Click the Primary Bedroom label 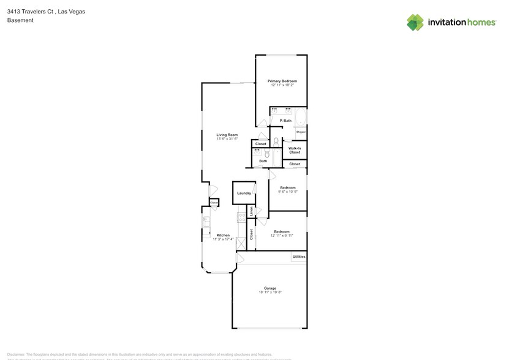(282, 81)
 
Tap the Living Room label (227, 135)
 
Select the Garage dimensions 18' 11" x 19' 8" (270, 292)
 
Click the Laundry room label (244, 193)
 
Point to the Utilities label (299, 257)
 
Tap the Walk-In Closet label (295, 150)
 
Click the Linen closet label (251, 211)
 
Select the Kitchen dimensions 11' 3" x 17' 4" (222, 239)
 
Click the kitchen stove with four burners (241, 217)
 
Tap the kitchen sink (206, 222)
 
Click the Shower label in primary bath (301, 132)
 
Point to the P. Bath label (285, 121)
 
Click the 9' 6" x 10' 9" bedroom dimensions (288, 192)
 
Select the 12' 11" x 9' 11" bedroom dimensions (282, 235)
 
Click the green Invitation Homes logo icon (415, 22)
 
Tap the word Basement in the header (20, 20)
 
